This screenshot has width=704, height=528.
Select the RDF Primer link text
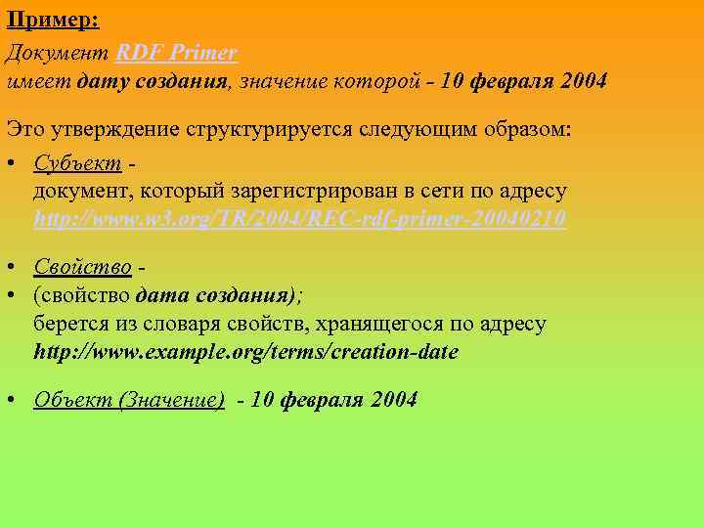point(177,52)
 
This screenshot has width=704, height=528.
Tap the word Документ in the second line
point(58,52)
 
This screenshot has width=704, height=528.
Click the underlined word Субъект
point(78,161)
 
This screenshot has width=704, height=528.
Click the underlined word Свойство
point(83,267)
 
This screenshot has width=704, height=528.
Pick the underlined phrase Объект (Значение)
point(129,399)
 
